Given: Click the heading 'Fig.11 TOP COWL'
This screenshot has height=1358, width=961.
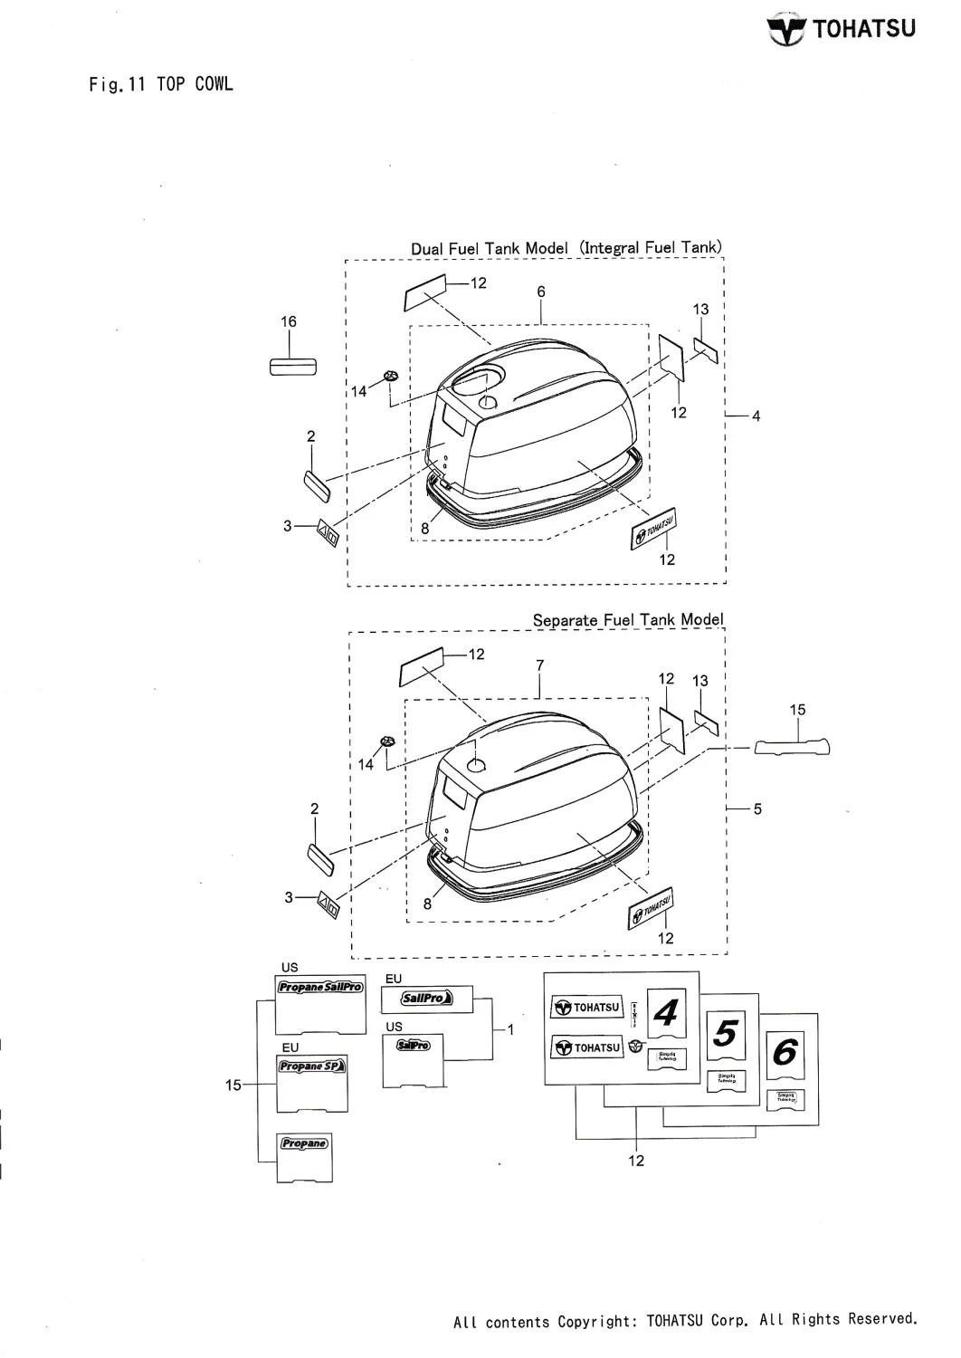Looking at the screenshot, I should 161,85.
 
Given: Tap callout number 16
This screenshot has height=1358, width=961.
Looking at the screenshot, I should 289,321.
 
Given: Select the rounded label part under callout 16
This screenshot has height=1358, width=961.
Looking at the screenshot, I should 292,366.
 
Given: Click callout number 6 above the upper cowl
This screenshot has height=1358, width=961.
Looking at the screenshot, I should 540,292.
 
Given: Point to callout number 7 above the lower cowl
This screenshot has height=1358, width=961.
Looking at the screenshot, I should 539,665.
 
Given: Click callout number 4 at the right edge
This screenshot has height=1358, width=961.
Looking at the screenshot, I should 756,416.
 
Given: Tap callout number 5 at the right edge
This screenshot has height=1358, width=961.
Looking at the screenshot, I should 757,808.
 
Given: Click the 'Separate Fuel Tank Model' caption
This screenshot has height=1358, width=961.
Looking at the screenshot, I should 628,620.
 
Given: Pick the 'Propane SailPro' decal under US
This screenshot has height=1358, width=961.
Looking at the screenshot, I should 319,987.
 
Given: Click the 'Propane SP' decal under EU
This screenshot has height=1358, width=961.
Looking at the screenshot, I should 311,1066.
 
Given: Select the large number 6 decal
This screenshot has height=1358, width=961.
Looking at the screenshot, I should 785,1053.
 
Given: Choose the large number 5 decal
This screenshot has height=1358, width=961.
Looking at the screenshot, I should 728,1033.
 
